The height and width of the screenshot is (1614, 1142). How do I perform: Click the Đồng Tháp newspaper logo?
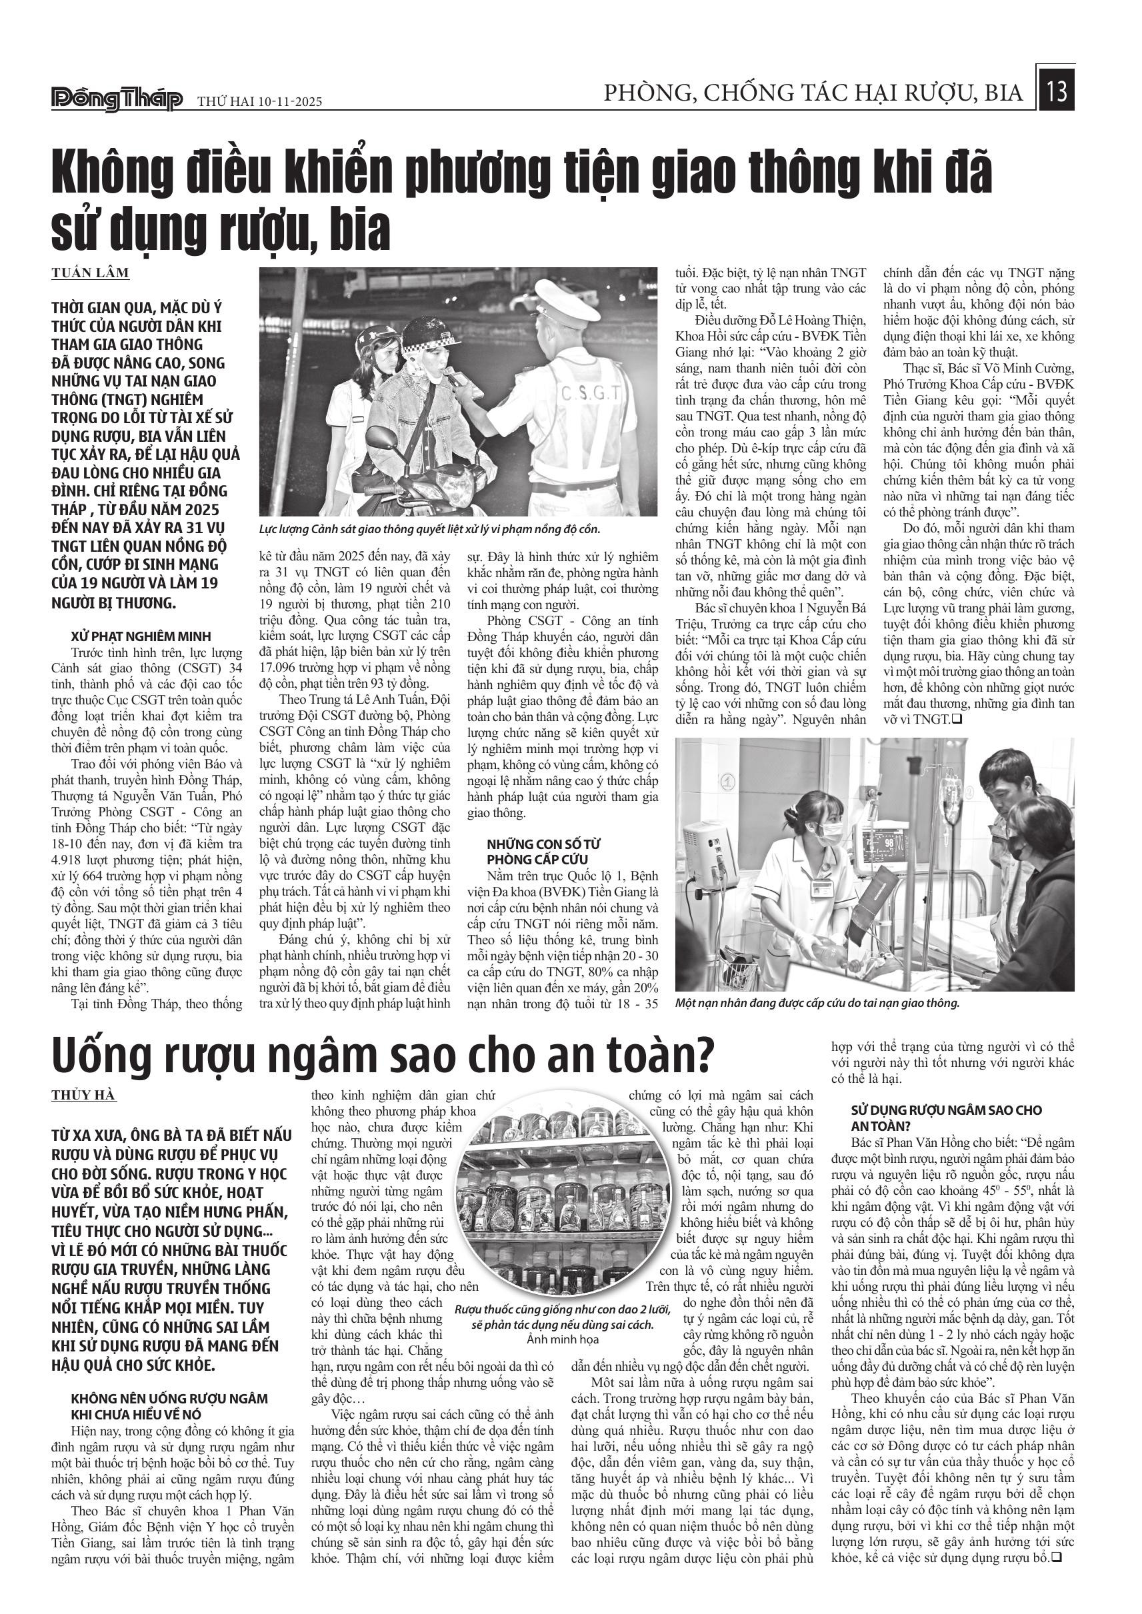tap(117, 99)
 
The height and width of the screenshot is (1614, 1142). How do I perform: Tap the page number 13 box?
tap(1056, 91)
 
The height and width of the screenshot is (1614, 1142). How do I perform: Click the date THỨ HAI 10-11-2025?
tap(259, 101)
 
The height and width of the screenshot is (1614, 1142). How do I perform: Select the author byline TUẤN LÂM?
tap(90, 273)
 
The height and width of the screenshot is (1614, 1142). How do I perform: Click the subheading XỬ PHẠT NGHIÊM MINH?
tap(141, 637)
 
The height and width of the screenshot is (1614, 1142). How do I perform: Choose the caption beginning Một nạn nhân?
tap(817, 1003)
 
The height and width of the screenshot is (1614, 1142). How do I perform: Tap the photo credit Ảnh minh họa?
tap(563, 1339)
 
